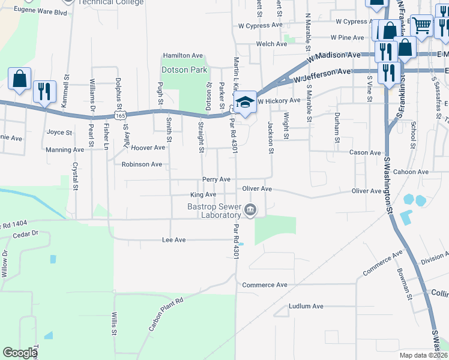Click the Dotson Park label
coord(185,70)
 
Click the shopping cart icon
coord(422,25)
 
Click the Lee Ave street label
coord(174,239)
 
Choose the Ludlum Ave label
coord(306,306)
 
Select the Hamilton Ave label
coord(183,55)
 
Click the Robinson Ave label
coord(142,164)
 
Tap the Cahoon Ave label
coord(411,172)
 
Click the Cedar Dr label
coord(25,233)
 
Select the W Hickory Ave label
coord(279,101)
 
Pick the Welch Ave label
coord(271,44)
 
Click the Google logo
coord(20,353)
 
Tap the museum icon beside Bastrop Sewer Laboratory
coord(251,210)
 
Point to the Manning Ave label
coord(65,149)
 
